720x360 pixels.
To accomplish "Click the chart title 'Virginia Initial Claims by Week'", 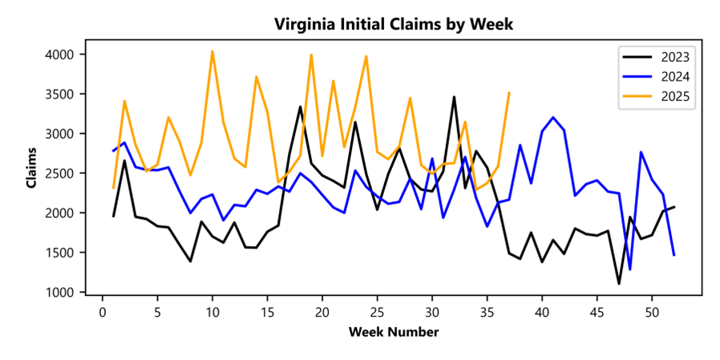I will tap(393, 24).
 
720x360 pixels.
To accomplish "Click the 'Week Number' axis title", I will tap(393, 331).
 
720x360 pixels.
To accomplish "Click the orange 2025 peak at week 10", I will tap(212, 51).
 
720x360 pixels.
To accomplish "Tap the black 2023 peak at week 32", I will tap(454, 97).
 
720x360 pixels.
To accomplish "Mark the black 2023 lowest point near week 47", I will tap(619, 283).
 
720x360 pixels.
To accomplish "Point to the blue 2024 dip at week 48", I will tap(630, 269).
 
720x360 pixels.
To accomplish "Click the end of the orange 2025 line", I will tap(509, 92).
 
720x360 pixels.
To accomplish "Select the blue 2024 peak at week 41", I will tap(553, 117).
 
